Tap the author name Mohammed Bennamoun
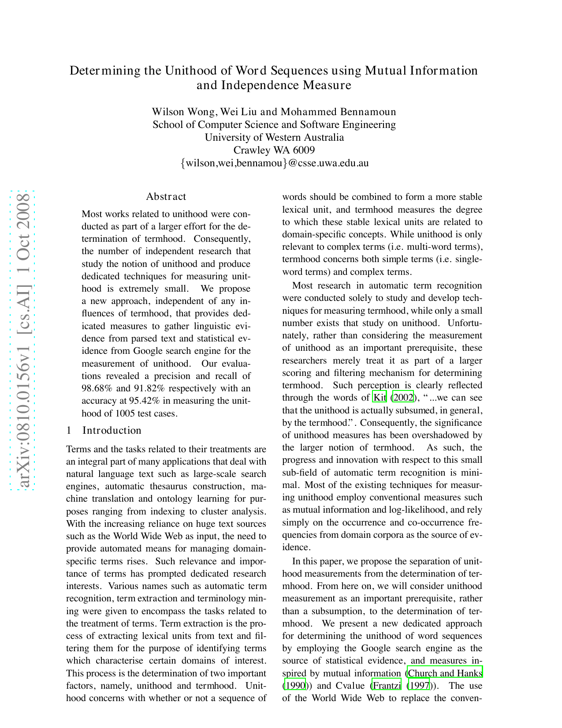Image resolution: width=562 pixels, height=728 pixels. [x=338, y=112]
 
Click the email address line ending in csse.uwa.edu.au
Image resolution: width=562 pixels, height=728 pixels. [x=275, y=163]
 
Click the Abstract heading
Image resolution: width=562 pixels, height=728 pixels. [x=166, y=197]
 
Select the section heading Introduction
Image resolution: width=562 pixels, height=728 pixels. [x=112, y=431]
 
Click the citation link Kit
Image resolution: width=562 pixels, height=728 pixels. [x=380, y=398]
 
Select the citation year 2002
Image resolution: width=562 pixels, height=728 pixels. [x=403, y=398]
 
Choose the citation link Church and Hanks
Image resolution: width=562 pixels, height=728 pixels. [x=445, y=673]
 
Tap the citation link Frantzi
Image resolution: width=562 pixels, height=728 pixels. [x=387, y=686]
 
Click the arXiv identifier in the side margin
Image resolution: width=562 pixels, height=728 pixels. [x=22, y=340]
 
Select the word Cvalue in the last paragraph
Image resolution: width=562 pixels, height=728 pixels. [x=350, y=686]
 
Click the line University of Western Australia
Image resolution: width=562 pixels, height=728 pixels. [x=274, y=137]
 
